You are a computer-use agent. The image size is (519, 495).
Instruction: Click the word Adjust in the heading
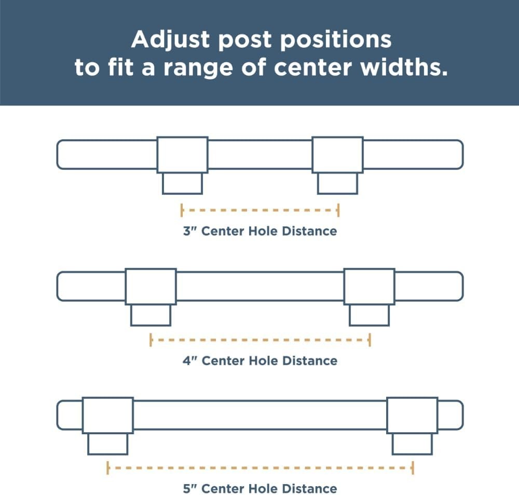[171, 40]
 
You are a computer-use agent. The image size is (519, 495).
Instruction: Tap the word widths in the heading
[404, 67]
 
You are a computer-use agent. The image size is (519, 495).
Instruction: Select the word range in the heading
[198, 69]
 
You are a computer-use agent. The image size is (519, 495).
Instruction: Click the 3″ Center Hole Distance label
[260, 231]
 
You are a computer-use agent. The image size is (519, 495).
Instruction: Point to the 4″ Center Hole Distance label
[260, 360]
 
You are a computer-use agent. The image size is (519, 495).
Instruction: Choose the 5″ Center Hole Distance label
[260, 489]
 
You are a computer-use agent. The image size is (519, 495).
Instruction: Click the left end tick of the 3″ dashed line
[182, 210]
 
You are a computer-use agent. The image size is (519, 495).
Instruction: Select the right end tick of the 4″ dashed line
[370, 340]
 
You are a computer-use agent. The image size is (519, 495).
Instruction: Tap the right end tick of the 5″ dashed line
[413, 468]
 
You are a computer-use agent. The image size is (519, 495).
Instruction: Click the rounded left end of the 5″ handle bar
[58, 415]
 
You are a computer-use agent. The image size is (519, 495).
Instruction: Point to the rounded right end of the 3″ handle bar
[462, 155]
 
